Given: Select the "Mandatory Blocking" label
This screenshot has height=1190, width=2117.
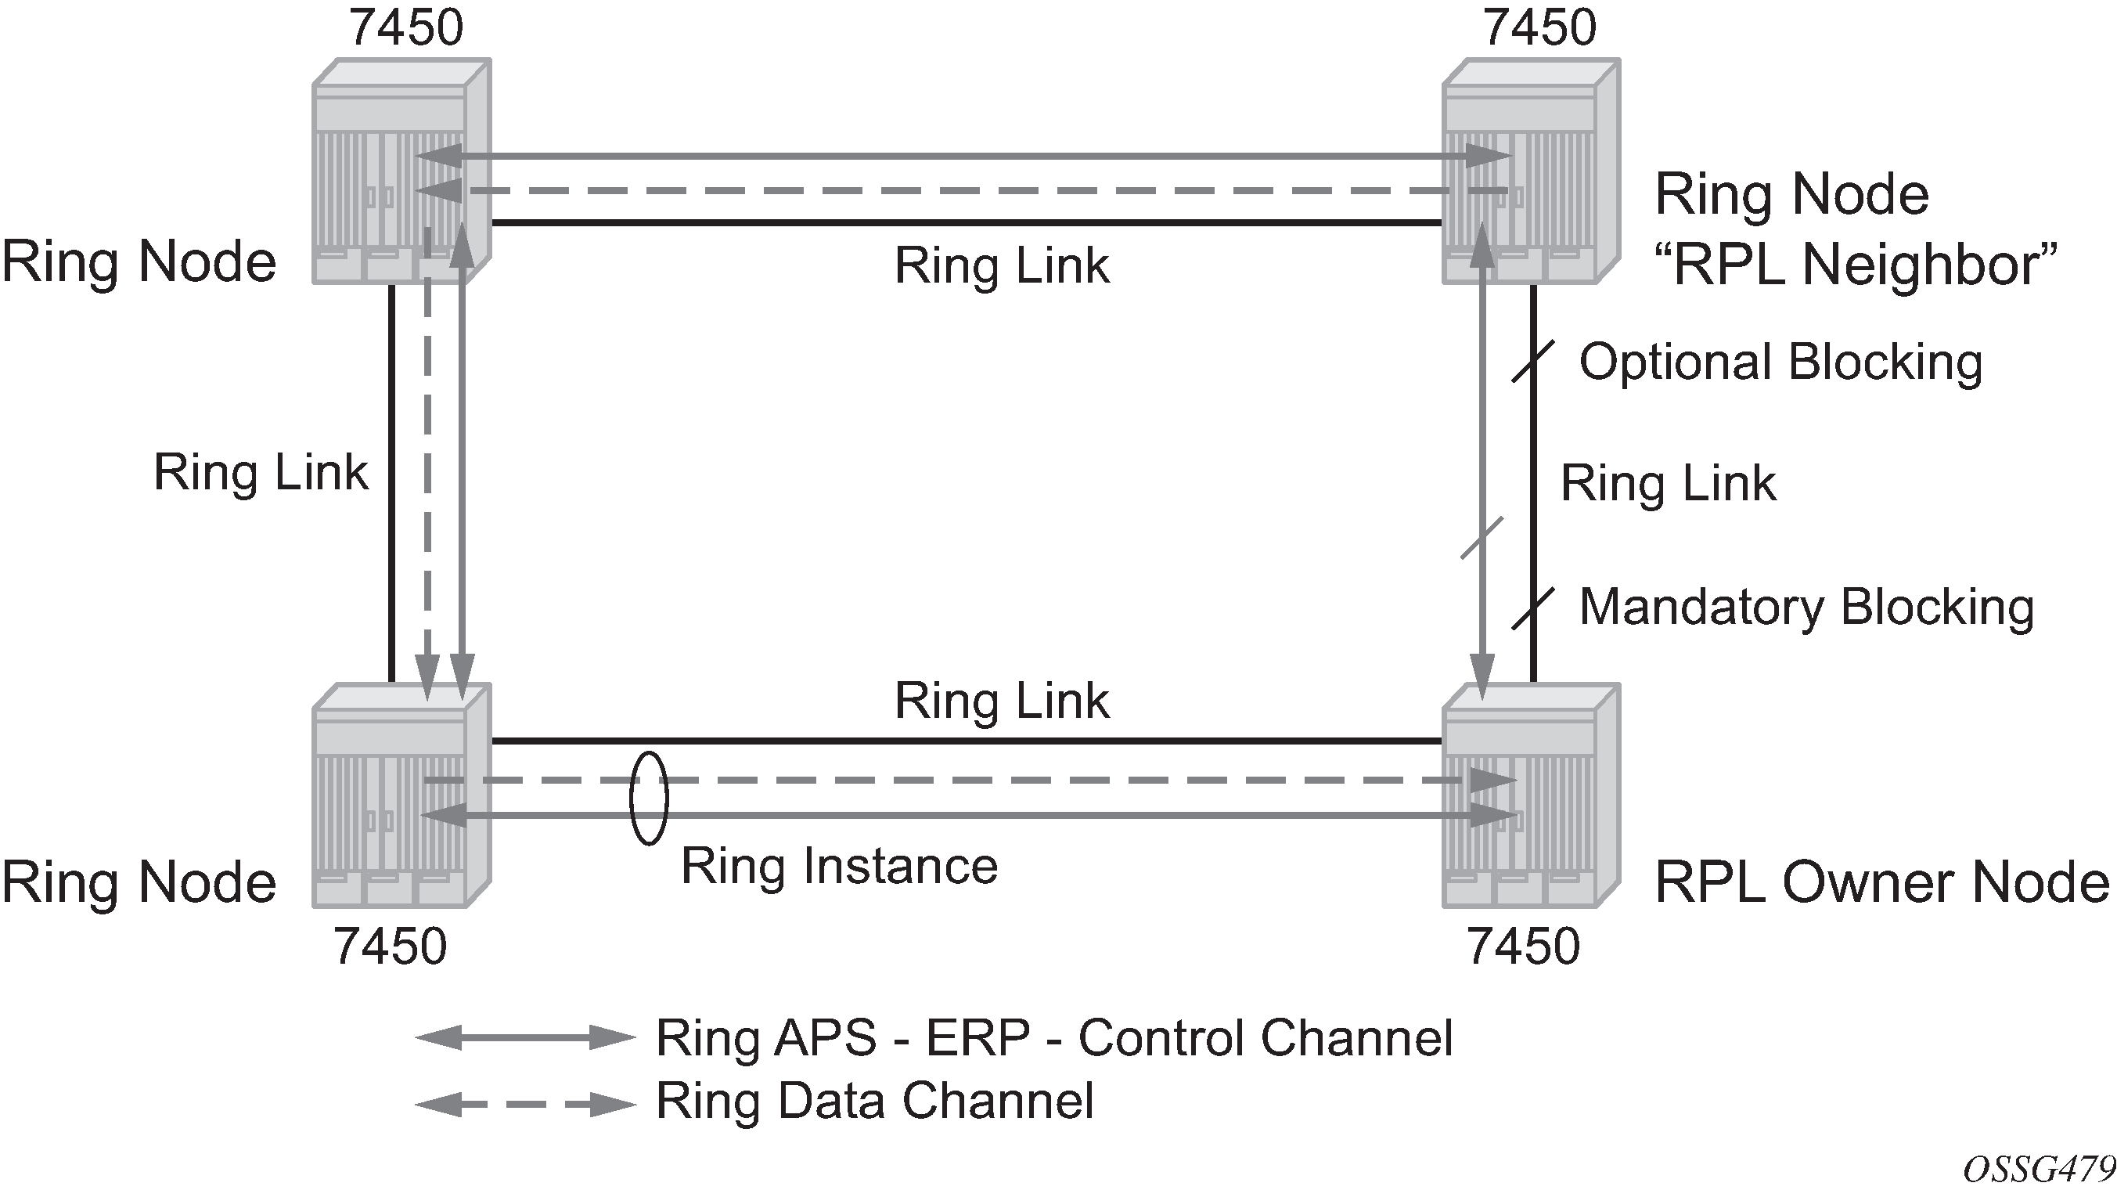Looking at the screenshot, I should coord(1806,608).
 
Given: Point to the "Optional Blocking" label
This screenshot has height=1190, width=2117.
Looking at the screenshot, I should coord(1780,362).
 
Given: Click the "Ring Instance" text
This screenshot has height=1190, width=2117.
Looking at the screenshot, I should coord(839,866).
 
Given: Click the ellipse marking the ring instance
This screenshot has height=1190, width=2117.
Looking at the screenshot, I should coord(649,798).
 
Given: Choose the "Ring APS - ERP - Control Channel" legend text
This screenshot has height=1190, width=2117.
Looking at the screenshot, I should coord(1053,1037).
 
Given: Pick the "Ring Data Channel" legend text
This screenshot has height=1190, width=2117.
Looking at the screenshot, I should coord(874,1101).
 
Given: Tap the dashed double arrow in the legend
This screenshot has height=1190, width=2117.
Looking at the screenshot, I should coord(525,1105).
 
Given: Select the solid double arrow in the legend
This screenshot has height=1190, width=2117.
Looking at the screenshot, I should coord(525,1038).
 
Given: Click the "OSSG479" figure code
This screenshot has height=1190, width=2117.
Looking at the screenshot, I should coord(2038,1168).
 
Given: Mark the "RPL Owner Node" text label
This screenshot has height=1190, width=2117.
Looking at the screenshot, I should coord(1881,882).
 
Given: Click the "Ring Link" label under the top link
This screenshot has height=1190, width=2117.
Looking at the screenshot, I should coord(1001,265).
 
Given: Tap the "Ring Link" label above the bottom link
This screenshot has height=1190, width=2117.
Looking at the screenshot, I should coord(1001,700).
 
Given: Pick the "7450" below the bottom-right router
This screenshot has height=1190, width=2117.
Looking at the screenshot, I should coord(1523,946).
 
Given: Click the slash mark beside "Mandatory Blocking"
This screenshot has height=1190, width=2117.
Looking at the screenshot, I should coord(1532,609).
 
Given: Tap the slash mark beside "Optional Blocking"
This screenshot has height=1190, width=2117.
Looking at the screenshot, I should coord(1532,362).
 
